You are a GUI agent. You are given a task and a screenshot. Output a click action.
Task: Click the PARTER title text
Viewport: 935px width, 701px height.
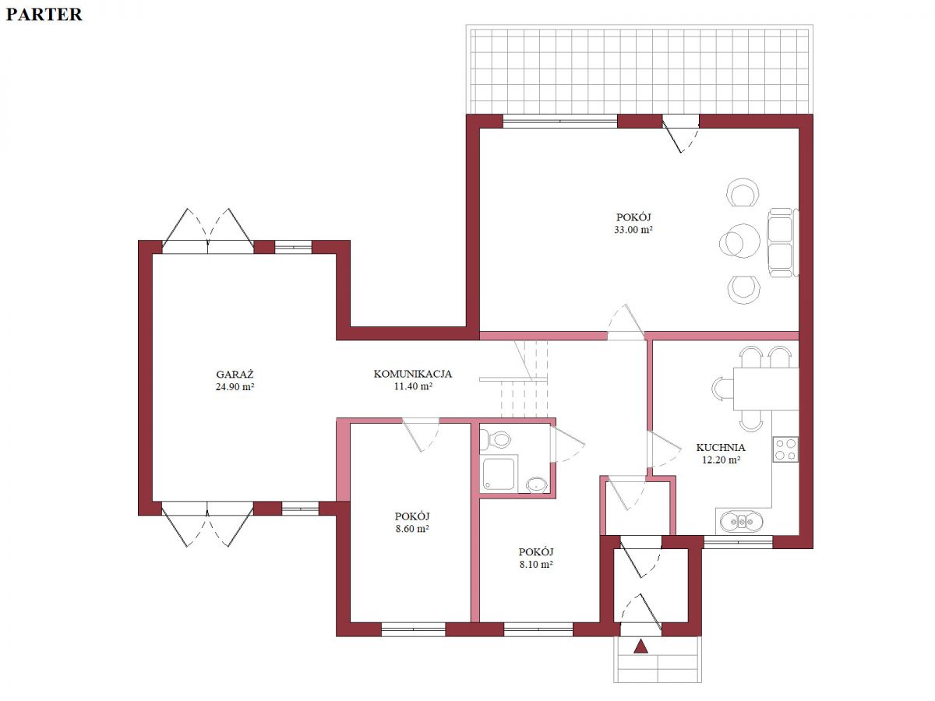coord(44,15)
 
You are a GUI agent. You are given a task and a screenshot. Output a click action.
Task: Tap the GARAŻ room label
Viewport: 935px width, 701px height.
coord(235,374)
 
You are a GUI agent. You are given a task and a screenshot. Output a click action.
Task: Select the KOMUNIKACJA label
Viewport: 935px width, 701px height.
coord(412,374)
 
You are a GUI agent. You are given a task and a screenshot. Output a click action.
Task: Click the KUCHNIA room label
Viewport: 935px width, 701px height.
coord(720,447)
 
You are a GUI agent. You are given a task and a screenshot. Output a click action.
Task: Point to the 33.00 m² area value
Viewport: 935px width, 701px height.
coord(633,230)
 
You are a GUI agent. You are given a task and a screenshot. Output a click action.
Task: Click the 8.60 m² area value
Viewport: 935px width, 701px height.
coord(412,529)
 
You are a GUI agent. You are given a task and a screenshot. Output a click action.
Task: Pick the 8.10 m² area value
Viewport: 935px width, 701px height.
coord(536,565)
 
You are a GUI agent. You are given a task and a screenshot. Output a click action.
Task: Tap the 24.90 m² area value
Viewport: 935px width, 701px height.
coord(235,386)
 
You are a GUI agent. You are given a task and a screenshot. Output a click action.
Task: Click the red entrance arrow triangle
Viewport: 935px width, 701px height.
coord(640,647)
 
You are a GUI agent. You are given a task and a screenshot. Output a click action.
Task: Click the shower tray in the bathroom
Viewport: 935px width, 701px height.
coord(499,474)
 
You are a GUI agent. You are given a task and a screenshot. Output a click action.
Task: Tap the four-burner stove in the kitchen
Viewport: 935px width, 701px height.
coord(785,449)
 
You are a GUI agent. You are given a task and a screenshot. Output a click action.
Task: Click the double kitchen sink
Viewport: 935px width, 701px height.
coord(741,521)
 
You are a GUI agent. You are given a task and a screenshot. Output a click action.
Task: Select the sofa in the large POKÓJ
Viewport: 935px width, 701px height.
coord(782,242)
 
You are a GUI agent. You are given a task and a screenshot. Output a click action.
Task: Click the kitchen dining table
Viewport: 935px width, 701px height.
coord(765,389)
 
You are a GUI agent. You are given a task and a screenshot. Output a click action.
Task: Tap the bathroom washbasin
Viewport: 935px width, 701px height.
coord(537,484)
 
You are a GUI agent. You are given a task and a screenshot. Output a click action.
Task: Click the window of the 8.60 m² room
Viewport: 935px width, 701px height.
coord(413,629)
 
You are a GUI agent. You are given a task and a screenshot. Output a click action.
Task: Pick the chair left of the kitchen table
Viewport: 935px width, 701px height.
coord(722,389)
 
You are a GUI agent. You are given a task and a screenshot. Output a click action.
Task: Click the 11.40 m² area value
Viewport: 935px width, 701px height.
coord(413,386)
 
